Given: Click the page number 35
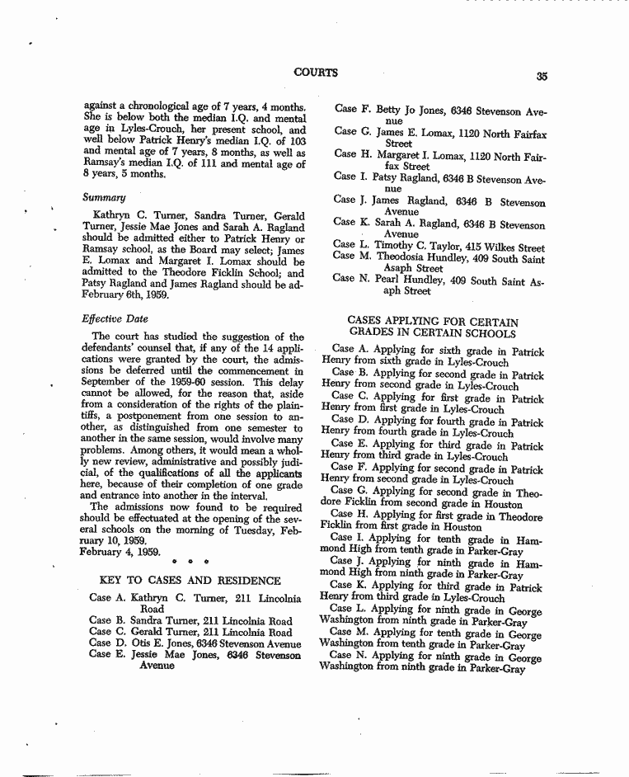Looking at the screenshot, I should coord(541,76).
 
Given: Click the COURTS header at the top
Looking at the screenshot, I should coord(315,73).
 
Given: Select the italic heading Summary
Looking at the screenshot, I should coord(104,198).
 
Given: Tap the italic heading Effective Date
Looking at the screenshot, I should coord(115,318).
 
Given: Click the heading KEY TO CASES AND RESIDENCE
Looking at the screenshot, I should coord(190,581).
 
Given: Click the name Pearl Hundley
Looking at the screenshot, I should coord(417,280).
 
